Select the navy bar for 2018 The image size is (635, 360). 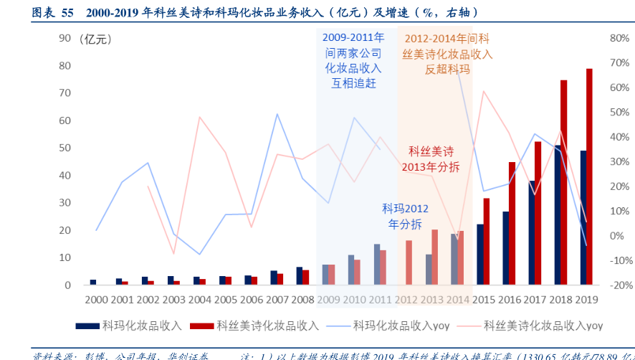pyautogui.click(x=558, y=215)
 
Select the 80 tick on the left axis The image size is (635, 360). pyautogui.click(x=65, y=65)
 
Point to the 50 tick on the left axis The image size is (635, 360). pyautogui.click(x=65, y=148)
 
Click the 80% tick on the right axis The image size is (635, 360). pyautogui.click(x=619, y=38)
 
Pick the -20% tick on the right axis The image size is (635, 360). pyautogui.click(x=618, y=285)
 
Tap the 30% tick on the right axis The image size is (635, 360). pyautogui.click(x=619, y=161)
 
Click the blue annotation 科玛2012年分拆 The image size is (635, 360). pyautogui.click(x=406, y=216)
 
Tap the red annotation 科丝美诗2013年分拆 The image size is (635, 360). pyautogui.click(x=434, y=158)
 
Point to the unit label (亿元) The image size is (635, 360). pyautogui.click(x=95, y=39)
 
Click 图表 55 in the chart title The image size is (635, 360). pyautogui.click(x=52, y=12)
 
